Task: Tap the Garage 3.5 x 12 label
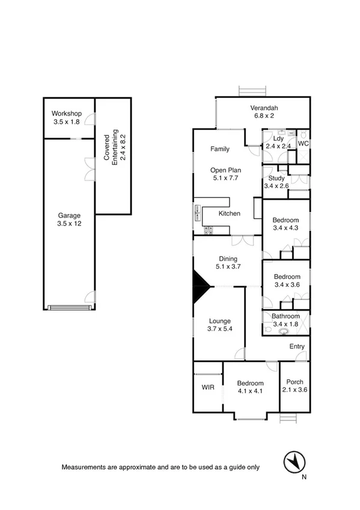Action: [69, 220]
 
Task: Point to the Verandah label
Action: [264, 112]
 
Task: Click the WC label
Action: [304, 144]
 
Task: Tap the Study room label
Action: [276, 182]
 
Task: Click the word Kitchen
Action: [229, 214]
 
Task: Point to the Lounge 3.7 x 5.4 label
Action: [220, 325]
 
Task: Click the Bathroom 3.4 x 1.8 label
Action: [285, 320]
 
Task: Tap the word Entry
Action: [297, 346]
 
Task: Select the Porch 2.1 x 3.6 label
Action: [294, 386]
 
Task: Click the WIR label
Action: [207, 388]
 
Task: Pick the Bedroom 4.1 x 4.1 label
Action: [250, 387]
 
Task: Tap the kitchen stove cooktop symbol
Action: [209, 229]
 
